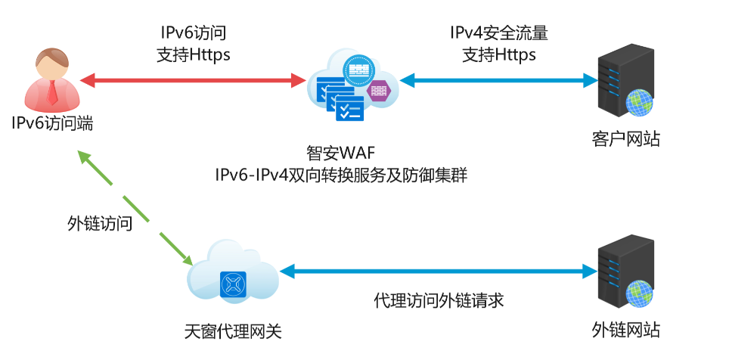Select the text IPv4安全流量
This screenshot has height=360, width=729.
pyautogui.click(x=498, y=33)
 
